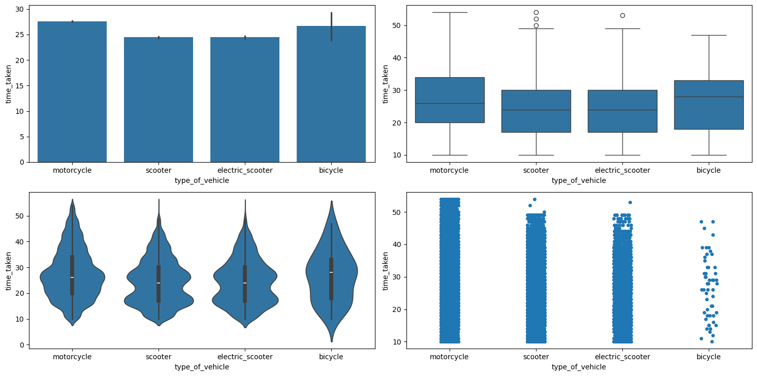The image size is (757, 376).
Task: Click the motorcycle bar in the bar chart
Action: click(x=72, y=91)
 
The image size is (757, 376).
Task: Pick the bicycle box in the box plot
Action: click(x=709, y=105)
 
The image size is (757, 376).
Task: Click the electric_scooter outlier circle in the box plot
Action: click(x=622, y=15)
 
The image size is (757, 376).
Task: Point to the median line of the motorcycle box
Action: click(x=450, y=103)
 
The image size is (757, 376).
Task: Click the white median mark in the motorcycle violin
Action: click(x=72, y=277)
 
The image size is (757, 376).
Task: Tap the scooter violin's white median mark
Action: click(x=159, y=283)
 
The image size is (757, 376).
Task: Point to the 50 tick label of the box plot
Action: click(x=396, y=25)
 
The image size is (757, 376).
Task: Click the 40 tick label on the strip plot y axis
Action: click(x=396, y=244)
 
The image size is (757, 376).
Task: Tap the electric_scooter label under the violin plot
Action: click(x=245, y=357)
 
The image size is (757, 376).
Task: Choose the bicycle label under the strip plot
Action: click(x=709, y=357)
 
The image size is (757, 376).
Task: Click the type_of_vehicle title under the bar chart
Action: click(x=202, y=180)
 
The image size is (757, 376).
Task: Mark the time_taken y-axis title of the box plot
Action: click(x=386, y=84)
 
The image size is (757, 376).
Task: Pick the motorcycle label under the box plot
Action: click(x=450, y=170)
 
